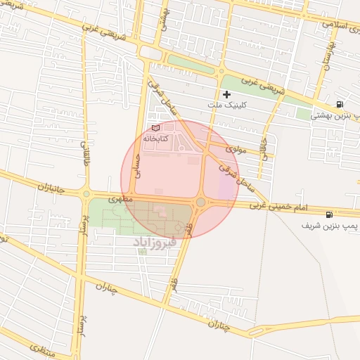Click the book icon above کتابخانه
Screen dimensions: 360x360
click(155, 128)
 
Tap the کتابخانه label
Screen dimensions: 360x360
click(157, 139)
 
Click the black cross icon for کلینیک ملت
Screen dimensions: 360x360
click(226, 94)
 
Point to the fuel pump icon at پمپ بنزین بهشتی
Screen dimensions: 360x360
click(340, 104)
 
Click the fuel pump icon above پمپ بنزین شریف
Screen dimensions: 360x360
click(328, 214)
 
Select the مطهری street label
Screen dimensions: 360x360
click(116, 200)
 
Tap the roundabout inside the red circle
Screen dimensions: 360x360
click(200, 202)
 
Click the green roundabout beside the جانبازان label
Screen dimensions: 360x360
click(86, 193)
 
